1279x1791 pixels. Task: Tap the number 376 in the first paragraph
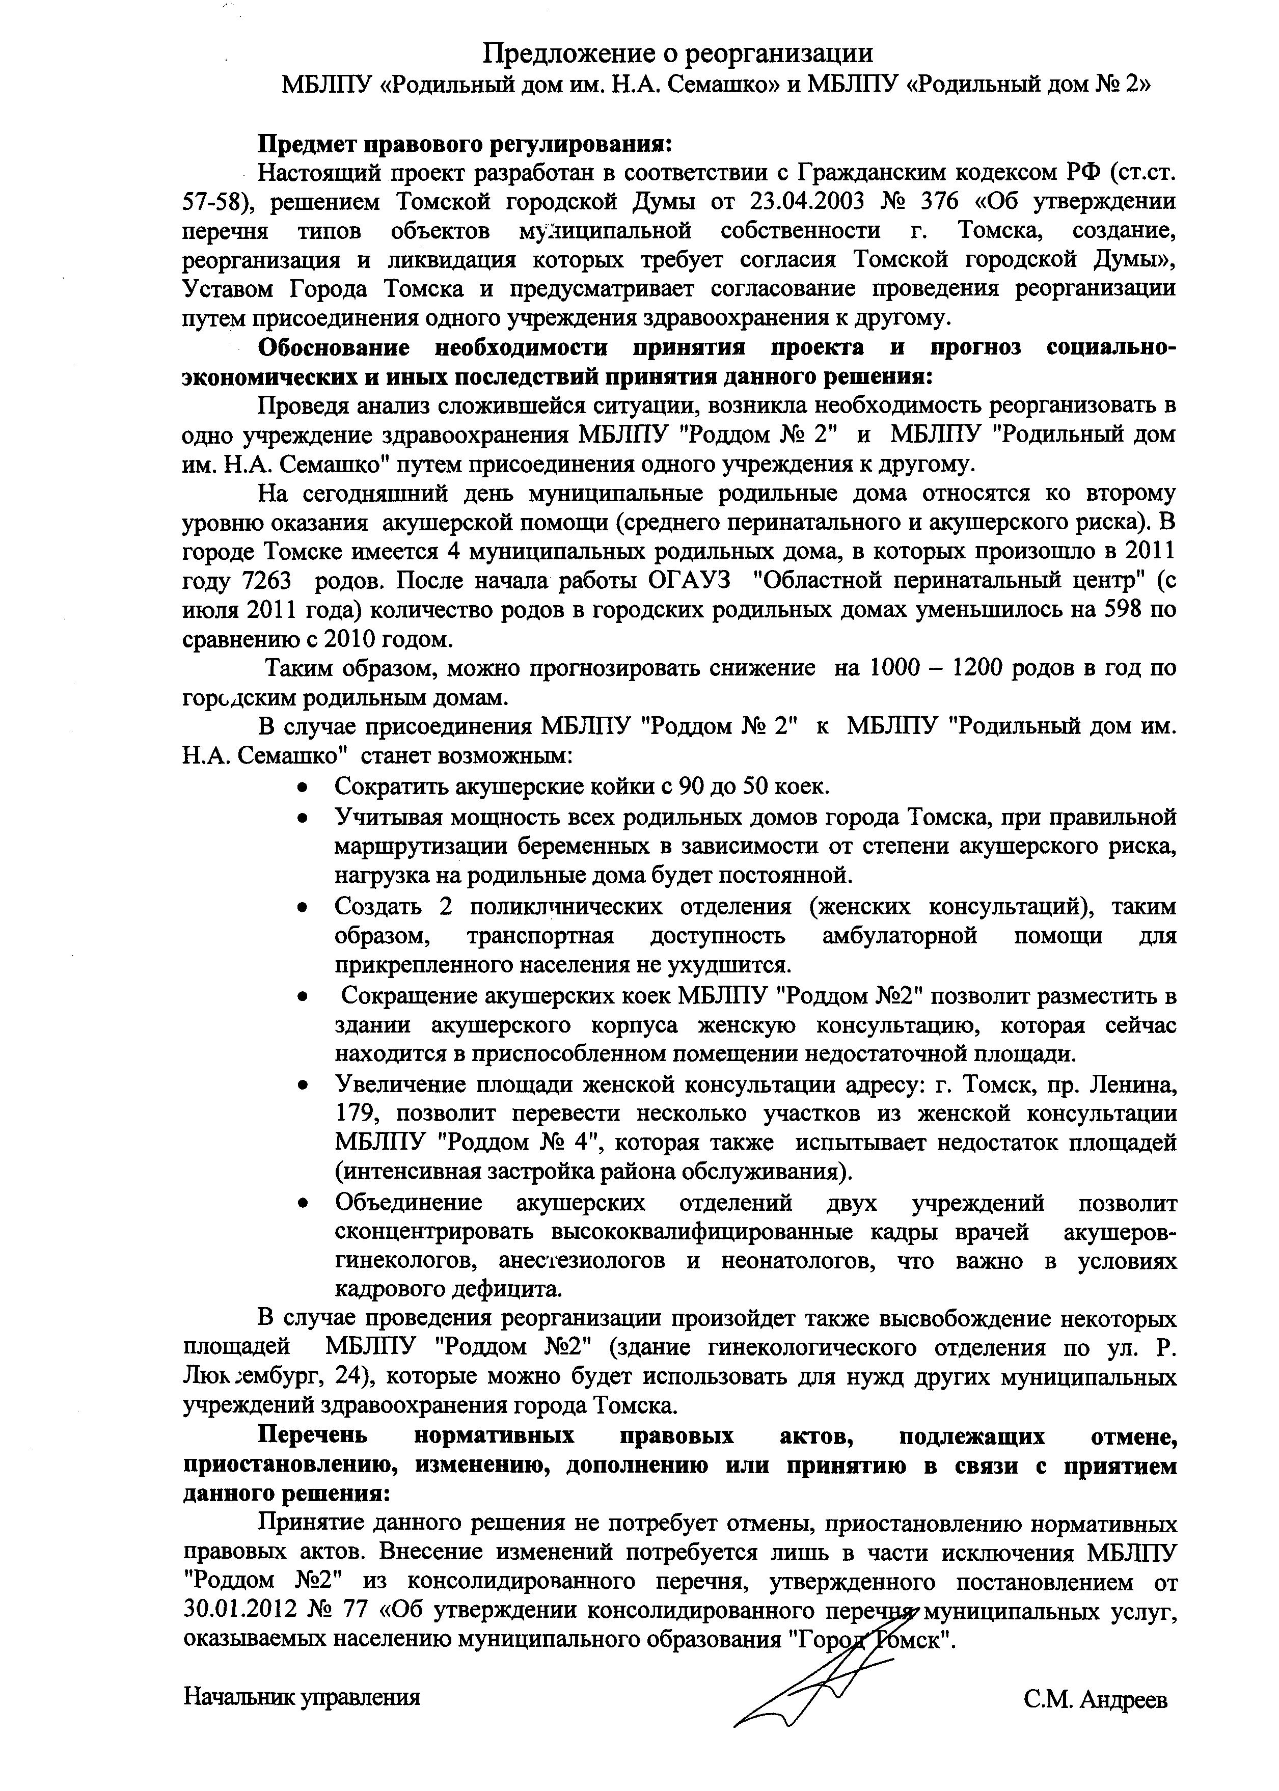pos(939,202)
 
